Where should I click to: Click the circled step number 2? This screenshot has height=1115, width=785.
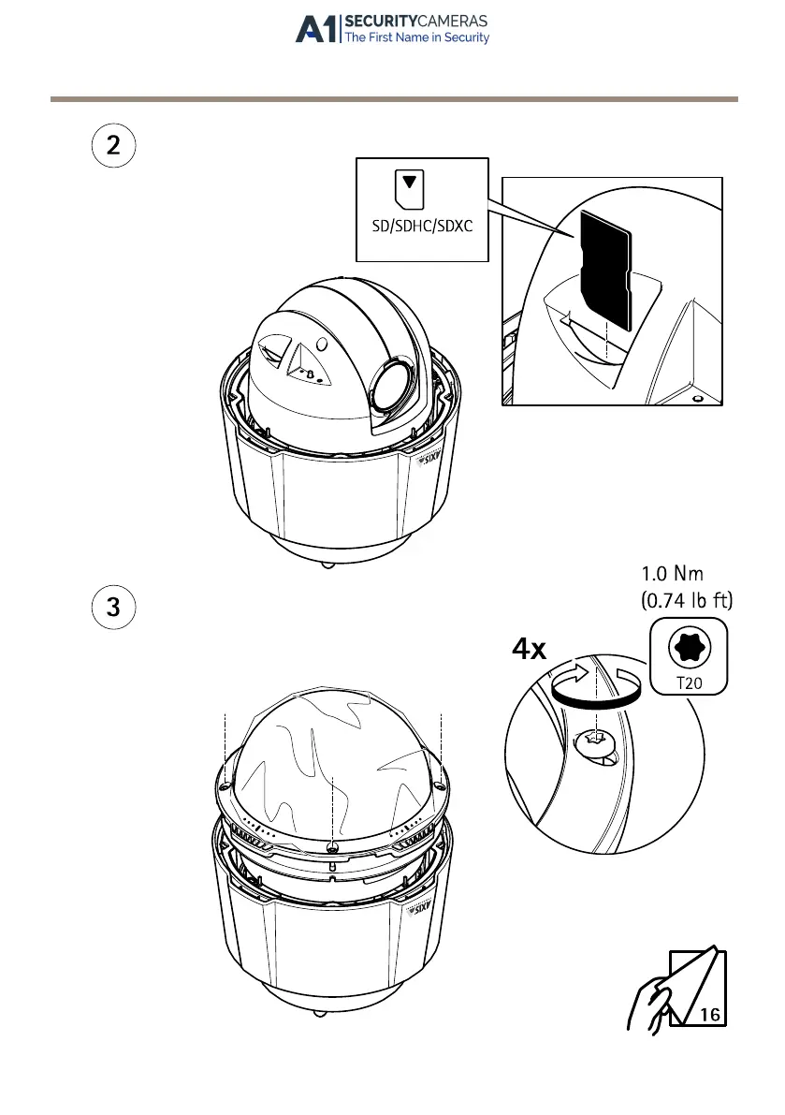(x=113, y=147)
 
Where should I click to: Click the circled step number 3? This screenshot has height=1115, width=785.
(x=113, y=607)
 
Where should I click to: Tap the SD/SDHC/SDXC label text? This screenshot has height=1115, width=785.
(x=422, y=227)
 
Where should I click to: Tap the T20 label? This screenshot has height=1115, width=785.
(x=689, y=683)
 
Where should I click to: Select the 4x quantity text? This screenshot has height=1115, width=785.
(x=530, y=650)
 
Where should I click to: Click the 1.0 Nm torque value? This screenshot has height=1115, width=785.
(x=672, y=573)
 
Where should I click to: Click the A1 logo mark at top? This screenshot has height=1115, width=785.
(x=316, y=29)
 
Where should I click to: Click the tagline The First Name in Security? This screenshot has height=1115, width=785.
(x=416, y=38)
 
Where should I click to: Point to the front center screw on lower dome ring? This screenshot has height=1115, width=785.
(x=333, y=846)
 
